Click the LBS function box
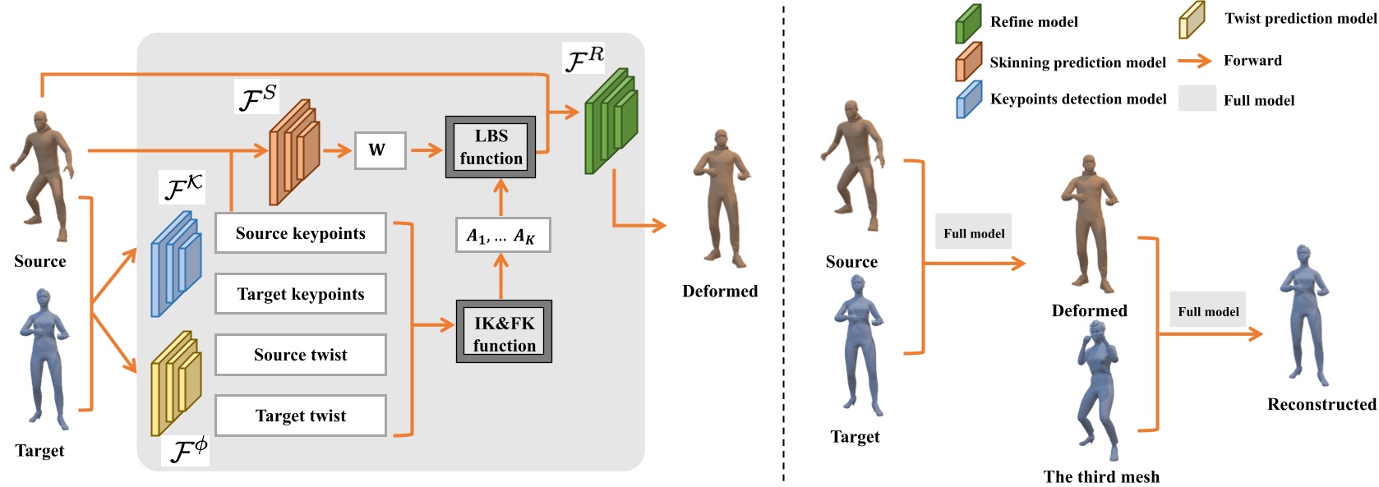tap(491, 147)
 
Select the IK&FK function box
tap(504, 332)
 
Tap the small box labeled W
tap(380, 150)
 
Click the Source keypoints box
tap(300, 233)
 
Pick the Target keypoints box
tap(300, 294)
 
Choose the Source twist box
tap(300, 355)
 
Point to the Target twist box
tap(300, 416)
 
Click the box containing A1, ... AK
tap(501, 236)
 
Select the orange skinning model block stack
tap(293, 154)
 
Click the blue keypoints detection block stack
tap(176, 264)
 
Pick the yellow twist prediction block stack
tap(176, 384)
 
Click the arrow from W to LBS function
tap(426, 150)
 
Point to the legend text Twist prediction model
tap(1300, 18)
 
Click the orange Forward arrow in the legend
tap(1194, 61)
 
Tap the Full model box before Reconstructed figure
tap(1207, 310)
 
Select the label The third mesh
tap(1101, 476)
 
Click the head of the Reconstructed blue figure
tap(1302, 252)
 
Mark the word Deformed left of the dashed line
tap(720, 291)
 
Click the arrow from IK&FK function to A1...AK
tap(500, 275)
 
